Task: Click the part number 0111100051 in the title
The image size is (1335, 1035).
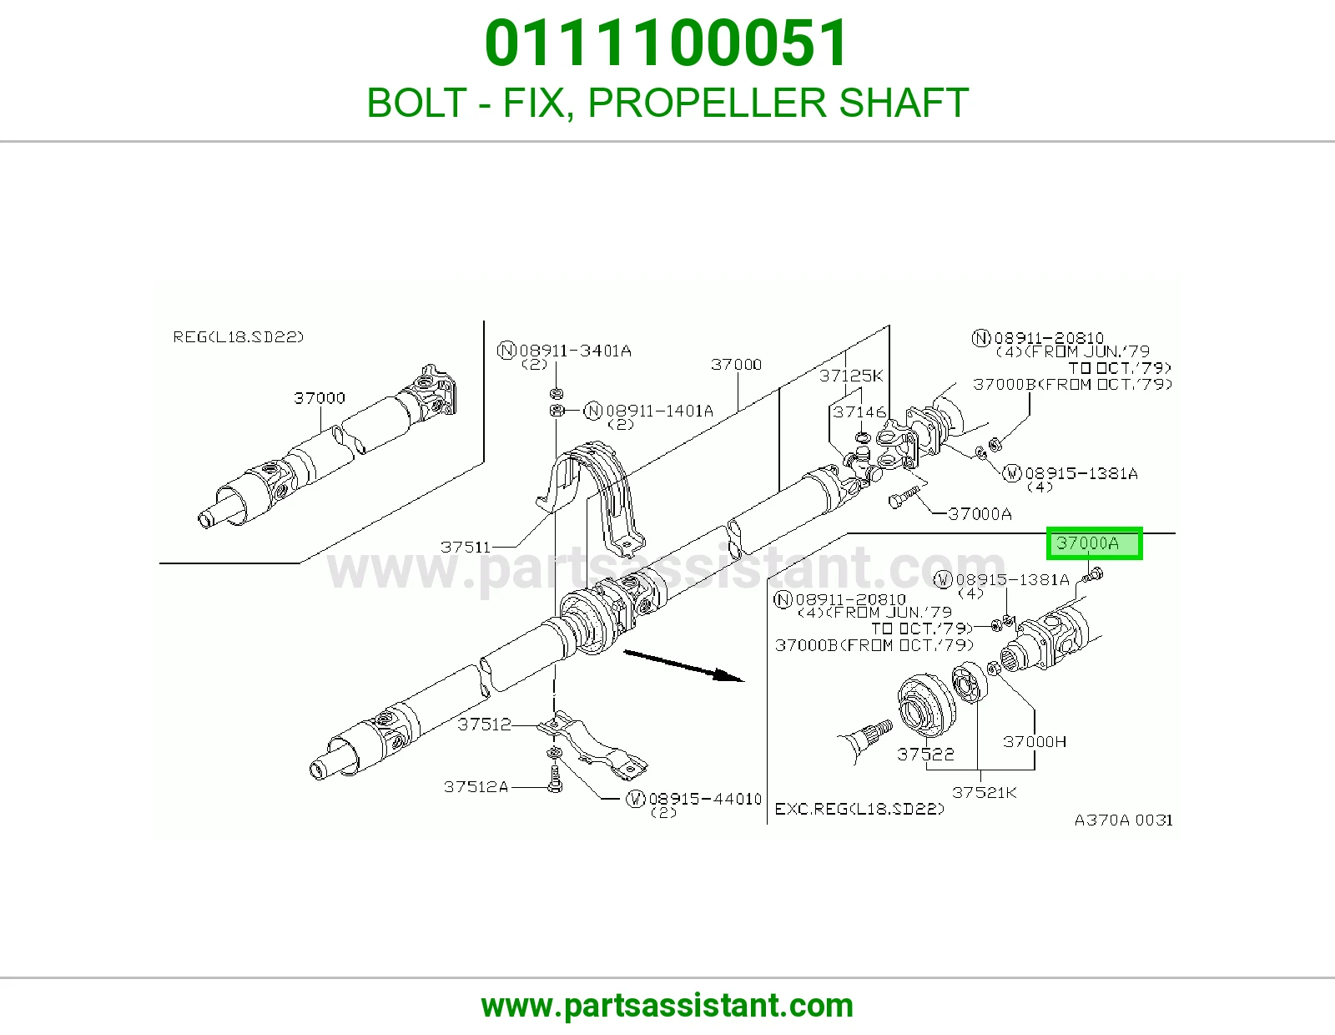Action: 666,43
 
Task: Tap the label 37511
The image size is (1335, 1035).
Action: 465,547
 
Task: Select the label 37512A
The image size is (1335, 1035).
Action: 476,787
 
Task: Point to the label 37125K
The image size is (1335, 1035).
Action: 851,376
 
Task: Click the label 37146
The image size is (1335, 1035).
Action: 859,411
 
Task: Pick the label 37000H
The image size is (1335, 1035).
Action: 1035,742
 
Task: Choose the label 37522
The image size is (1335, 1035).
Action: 925,754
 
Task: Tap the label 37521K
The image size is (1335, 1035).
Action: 985,793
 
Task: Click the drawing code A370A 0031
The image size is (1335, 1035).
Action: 1124,820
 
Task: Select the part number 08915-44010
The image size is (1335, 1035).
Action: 705,799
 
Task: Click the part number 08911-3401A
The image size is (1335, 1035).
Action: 575,351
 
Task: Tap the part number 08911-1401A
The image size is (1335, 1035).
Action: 659,411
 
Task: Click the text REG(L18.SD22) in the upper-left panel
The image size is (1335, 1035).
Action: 239,337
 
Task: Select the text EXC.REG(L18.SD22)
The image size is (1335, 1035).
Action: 859,809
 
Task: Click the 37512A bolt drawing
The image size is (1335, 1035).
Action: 555,778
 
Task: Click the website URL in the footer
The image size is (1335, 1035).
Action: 667,1006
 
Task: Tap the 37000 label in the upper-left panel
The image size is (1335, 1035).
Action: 320,398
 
